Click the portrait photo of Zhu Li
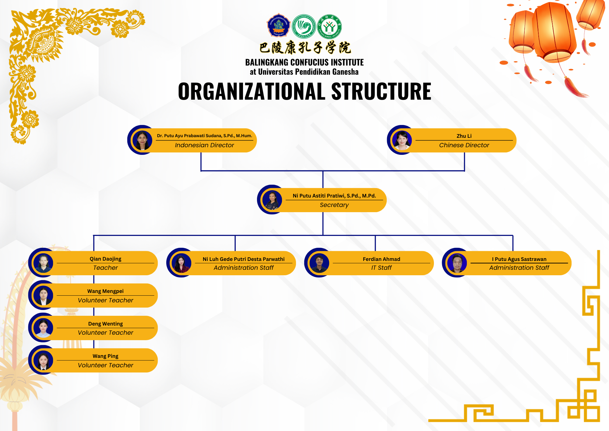pos(402,140)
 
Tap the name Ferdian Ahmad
pos(381,259)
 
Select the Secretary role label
pos(334,205)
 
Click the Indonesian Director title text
pos(204,145)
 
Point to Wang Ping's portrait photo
pos(43,360)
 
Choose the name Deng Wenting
pos(105,324)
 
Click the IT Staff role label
pos(381,268)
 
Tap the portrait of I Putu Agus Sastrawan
pos(457,263)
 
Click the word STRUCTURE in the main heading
pos(381,91)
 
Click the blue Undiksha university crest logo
pos(278,26)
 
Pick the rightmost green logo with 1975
pos(329,27)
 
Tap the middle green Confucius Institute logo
pos(304,27)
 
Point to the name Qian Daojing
pos(105,259)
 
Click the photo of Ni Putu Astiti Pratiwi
pos(272,200)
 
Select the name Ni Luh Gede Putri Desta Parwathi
pos(244,259)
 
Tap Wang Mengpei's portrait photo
pos(43,295)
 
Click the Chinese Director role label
pos(464,145)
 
